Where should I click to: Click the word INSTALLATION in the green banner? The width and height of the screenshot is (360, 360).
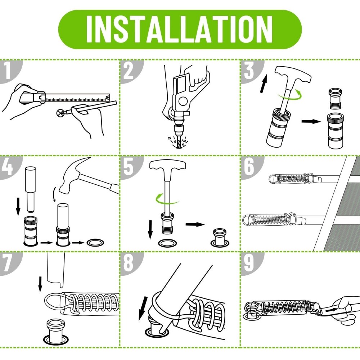[180, 29]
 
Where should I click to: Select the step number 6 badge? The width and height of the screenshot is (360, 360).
[250, 166]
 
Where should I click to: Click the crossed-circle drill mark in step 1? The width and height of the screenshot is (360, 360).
[60, 113]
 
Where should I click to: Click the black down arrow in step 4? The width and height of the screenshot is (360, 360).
[18, 207]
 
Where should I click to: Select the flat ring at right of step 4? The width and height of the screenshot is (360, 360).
[95, 242]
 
